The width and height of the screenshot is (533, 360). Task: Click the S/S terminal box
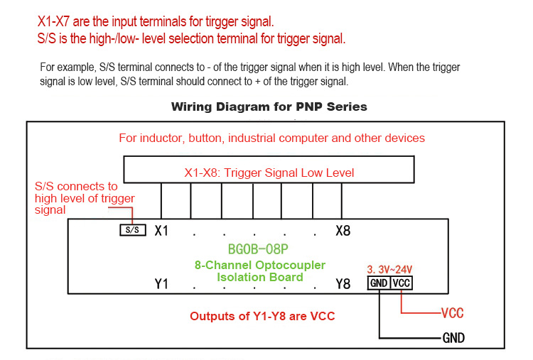click(132, 230)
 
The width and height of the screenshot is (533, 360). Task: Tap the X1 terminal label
click(161, 231)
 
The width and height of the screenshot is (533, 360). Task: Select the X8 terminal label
click(343, 231)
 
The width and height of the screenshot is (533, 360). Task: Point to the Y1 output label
click(161, 284)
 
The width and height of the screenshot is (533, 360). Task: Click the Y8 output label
click(343, 284)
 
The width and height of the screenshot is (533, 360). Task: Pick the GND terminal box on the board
click(379, 283)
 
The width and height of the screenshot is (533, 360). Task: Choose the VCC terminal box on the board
click(402, 283)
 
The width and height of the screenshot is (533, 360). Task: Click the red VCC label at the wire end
click(453, 313)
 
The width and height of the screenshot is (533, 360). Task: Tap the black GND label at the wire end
click(453, 338)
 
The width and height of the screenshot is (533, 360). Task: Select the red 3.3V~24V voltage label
click(389, 269)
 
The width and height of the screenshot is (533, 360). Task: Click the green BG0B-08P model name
click(259, 250)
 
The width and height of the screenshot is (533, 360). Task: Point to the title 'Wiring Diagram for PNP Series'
click(269, 107)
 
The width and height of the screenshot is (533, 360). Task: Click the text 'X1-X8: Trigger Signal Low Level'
click(269, 173)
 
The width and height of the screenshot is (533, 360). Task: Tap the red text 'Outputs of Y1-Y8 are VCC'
click(262, 316)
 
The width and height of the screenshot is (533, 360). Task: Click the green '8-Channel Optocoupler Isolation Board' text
click(259, 271)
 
